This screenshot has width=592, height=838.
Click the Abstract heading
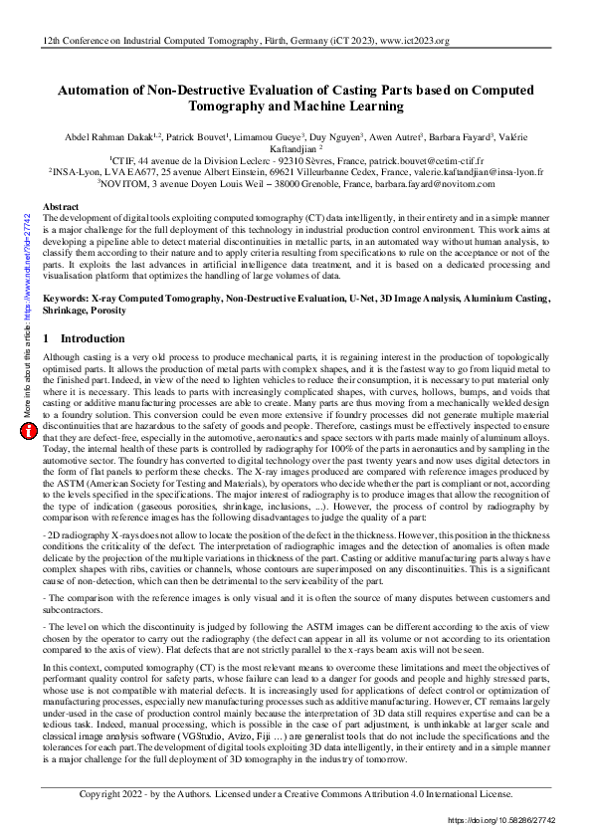coord(61,206)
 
